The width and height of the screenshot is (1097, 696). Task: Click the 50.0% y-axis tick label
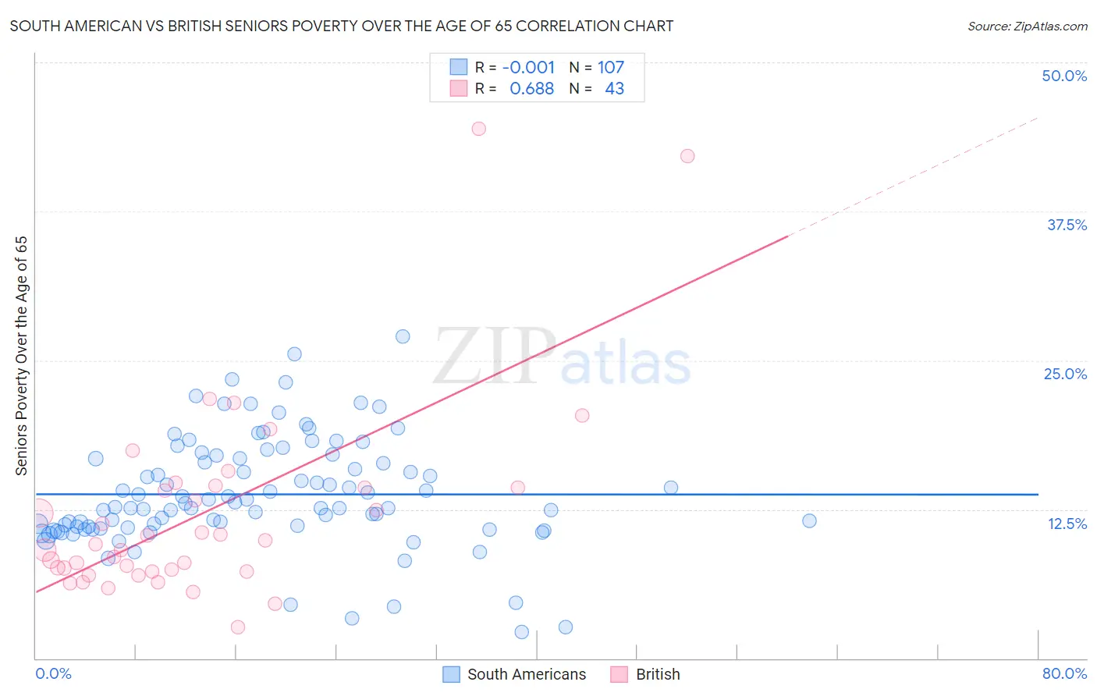pyautogui.click(x=1064, y=76)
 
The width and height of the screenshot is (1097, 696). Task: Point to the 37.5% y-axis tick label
pyautogui.click(x=1067, y=225)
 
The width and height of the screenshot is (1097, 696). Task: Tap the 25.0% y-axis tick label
pyautogui.click(x=1065, y=374)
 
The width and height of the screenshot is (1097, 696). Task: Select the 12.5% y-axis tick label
pyautogui.click(x=1067, y=524)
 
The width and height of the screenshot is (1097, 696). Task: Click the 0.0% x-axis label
pyautogui.click(x=53, y=673)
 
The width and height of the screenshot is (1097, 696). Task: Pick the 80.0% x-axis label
pyautogui.click(x=1064, y=673)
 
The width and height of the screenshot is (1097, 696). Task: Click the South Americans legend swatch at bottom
pyautogui.click(x=451, y=674)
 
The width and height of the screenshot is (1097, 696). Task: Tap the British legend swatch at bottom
pyautogui.click(x=620, y=674)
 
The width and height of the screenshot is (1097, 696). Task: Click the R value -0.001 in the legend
pyautogui.click(x=528, y=68)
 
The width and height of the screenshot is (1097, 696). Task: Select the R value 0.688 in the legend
pyautogui.click(x=531, y=89)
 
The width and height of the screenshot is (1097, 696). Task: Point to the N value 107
pyautogui.click(x=611, y=68)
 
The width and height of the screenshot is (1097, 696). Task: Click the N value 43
pyautogui.click(x=614, y=89)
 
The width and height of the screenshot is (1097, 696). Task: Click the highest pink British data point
pyautogui.click(x=478, y=129)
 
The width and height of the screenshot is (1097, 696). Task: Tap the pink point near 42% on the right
pyautogui.click(x=687, y=156)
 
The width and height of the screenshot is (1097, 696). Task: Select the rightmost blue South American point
pyautogui.click(x=809, y=520)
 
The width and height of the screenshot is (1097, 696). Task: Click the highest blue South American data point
pyautogui.click(x=403, y=336)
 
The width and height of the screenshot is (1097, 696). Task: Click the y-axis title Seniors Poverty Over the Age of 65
pyautogui.click(x=21, y=356)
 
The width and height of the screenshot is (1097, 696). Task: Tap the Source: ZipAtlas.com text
pyautogui.click(x=1027, y=27)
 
